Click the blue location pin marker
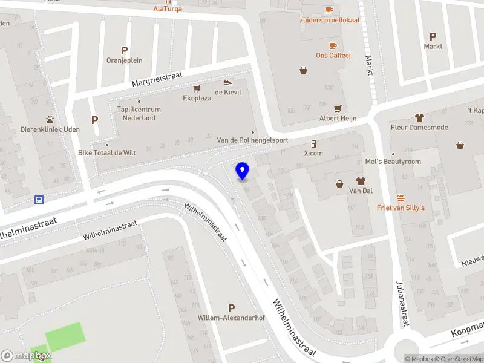coord(242,171)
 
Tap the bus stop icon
coord(39,200)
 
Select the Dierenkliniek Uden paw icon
coord(50,120)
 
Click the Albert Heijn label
coord(338,119)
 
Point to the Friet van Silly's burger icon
coord(401,198)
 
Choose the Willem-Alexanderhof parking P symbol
coord(231,308)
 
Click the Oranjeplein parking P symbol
coord(125,51)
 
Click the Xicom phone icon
coord(313,143)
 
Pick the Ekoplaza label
coord(197,98)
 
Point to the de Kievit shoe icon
coord(228,83)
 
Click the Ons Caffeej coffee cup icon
coord(333,45)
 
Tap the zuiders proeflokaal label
coord(329,19)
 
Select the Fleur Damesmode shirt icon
coord(419,117)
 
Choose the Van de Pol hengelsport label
coord(252,140)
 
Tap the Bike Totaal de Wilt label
coord(107,153)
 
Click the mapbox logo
coord(26,356)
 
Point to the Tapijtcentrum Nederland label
coord(139,114)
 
